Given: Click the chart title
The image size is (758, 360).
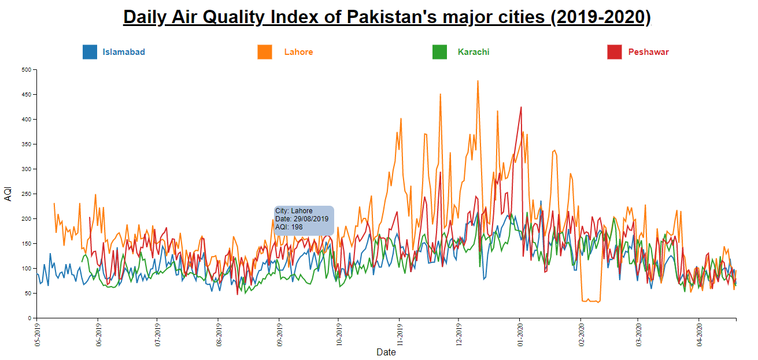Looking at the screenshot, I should (x=387, y=17).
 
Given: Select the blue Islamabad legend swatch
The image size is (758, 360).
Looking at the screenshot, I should (x=90, y=52).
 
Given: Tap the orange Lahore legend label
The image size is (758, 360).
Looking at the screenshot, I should (x=298, y=52).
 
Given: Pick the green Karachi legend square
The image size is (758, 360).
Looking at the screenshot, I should (x=439, y=52).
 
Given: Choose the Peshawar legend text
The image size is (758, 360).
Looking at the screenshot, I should (x=648, y=52).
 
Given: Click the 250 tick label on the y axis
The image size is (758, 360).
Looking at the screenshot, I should (x=26, y=194).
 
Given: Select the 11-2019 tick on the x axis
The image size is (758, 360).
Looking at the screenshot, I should (x=400, y=335).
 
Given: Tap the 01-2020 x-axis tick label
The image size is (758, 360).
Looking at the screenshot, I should (x=520, y=335).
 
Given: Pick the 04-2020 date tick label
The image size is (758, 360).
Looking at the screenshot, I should (x=700, y=335).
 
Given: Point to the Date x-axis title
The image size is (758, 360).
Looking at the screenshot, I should (x=386, y=352).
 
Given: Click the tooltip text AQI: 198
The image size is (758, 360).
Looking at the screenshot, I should (x=289, y=227).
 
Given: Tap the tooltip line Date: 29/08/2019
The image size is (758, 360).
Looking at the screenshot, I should (x=302, y=219).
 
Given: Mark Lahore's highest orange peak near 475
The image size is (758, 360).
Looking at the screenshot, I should (x=478, y=81).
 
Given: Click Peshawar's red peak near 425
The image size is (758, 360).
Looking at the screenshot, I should (x=521, y=107).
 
